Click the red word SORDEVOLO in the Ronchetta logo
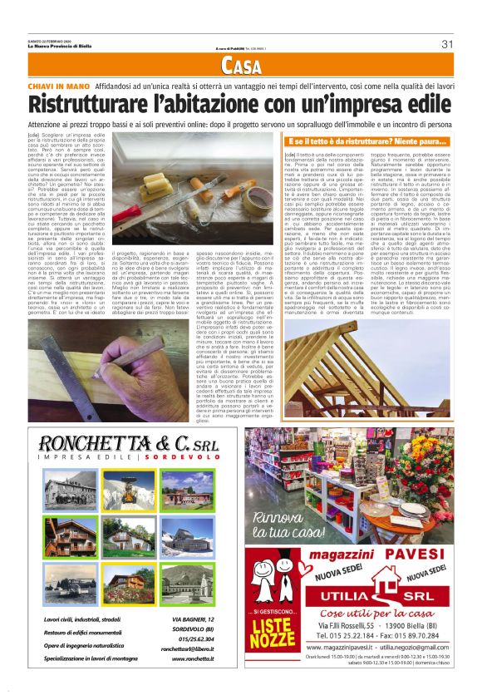pos(192,457)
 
